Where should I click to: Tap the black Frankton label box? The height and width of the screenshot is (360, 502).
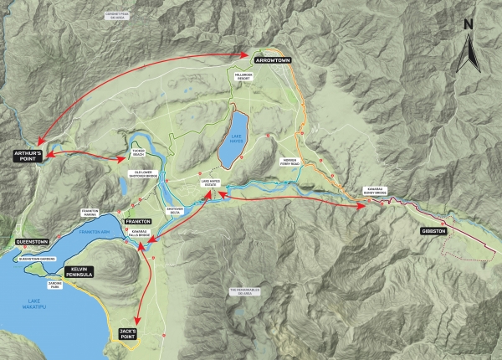pyautogui.click(x=137, y=222)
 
